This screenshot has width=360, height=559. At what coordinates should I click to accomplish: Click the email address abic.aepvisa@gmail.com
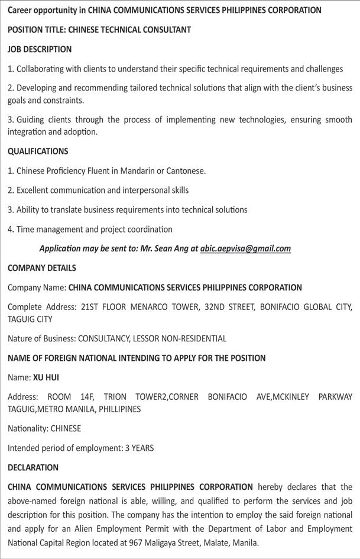(x=245, y=248)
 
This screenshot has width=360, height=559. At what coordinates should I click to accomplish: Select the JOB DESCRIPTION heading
(x=40, y=49)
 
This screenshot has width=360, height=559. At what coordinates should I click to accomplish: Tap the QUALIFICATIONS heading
(x=38, y=151)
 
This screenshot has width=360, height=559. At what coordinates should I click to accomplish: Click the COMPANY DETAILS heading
(x=42, y=268)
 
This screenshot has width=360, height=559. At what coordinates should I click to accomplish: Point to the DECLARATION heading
(x=33, y=467)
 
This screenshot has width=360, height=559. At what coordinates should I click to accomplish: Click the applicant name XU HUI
(x=46, y=377)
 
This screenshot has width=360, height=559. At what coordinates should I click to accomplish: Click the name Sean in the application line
(x=165, y=248)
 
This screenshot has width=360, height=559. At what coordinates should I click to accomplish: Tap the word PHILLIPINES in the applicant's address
(x=120, y=409)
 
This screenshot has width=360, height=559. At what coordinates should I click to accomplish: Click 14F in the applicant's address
(x=95, y=396)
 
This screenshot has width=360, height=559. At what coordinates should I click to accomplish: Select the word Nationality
(x=28, y=428)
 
